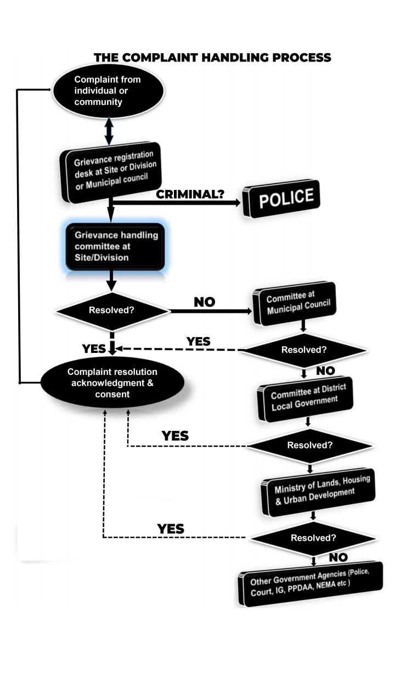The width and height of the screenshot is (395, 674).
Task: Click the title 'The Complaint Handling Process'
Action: (x=212, y=58)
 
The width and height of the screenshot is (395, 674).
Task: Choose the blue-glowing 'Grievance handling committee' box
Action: (x=115, y=246)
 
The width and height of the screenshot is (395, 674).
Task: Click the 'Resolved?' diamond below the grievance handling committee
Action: (x=112, y=311)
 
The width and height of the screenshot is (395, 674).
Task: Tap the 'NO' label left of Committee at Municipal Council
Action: (x=205, y=302)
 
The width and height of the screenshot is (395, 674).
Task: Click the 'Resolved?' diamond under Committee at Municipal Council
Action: (x=303, y=350)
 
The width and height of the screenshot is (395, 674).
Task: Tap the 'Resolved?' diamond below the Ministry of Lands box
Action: (x=313, y=537)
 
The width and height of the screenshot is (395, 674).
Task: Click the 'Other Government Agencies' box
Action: (x=310, y=584)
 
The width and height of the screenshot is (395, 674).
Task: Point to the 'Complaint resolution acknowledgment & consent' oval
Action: (x=112, y=383)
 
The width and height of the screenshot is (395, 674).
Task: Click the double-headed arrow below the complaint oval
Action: (x=109, y=131)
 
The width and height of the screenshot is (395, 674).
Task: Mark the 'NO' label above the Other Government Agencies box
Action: (x=338, y=558)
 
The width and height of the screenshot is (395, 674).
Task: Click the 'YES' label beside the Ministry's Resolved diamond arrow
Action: (x=171, y=529)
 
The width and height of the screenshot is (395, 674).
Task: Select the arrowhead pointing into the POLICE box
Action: (x=237, y=203)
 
